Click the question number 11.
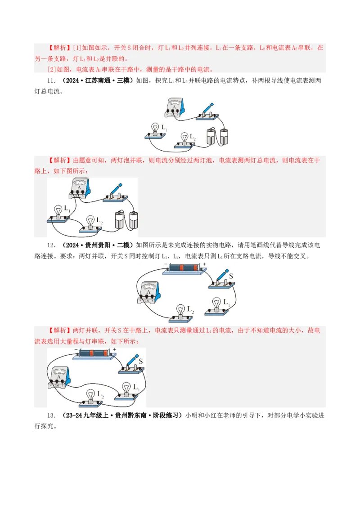pyautogui.click(x=51, y=81)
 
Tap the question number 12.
pyautogui.click(x=51, y=246)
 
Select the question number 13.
pyautogui.click(x=51, y=415)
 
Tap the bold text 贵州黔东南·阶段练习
pyautogui.click(x=147, y=415)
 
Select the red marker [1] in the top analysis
pyautogui.click(x=77, y=48)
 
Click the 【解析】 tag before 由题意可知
pyautogui.click(x=59, y=161)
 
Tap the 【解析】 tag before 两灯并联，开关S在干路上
pyautogui.click(x=59, y=330)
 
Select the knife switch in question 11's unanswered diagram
pyautogui.click(x=207, y=112)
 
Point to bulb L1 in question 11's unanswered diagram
pyautogui.click(x=155, y=131)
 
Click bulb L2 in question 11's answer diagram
pyautogui.click(x=90, y=224)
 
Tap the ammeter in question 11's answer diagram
pyautogui.click(x=80, y=188)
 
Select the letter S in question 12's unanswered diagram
pyautogui.click(x=231, y=276)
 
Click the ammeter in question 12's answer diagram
pyautogui.click(x=59, y=378)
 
